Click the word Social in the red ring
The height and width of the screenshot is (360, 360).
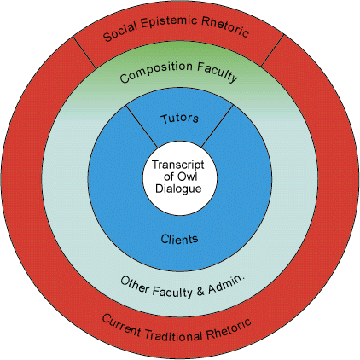[x=120, y=31]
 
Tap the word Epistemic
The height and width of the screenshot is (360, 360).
[x=169, y=21]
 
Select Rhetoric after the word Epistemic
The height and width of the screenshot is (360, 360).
[x=224, y=27]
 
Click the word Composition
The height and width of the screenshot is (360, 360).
[x=156, y=71]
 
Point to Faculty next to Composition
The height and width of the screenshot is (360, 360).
[x=217, y=72]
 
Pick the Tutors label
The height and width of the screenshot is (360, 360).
[x=179, y=119]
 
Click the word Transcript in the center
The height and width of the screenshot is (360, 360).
[x=178, y=165]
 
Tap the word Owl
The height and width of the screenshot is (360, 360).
[x=187, y=177]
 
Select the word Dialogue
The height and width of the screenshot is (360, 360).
[x=178, y=189]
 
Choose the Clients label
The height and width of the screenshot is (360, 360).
[x=179, y=239]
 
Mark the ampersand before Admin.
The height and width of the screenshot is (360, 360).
[x=200, y=292]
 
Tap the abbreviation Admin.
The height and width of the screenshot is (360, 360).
[x=226, y=285]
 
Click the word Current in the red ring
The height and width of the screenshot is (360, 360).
[x=121, y=325]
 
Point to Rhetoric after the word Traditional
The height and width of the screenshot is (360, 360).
[x=229, y=329]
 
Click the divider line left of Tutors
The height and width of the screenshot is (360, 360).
[x=142, y=126]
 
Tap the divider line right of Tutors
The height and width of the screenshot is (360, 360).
[x=218, y=126]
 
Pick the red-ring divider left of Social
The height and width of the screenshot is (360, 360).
[x=84, y=52]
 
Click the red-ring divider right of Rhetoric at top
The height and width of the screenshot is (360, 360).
[x=272, y=50]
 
